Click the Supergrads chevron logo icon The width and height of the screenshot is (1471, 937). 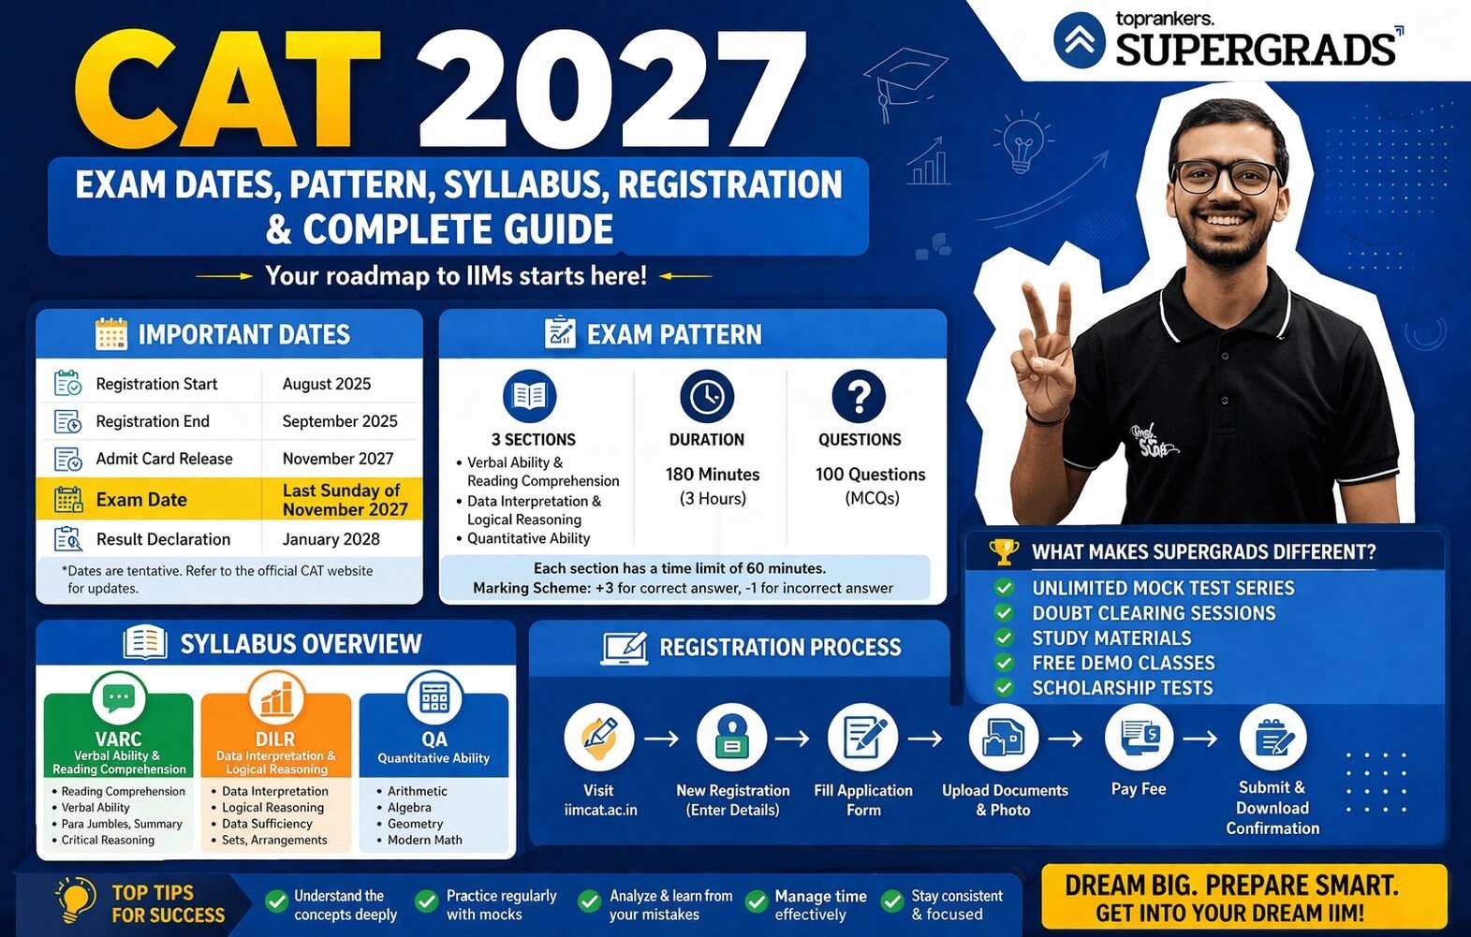(x=1080, y=39)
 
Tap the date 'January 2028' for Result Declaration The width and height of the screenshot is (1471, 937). (x=331, y=539)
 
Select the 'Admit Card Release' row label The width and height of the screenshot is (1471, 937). (x=164, y=459)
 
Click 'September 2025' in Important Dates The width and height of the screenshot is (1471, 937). (x=340, y=421)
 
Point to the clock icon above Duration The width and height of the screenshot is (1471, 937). (x=707, y=397)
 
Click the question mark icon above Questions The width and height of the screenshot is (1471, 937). (x=859, y=397)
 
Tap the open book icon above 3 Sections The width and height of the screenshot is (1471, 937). (x=529, y=397)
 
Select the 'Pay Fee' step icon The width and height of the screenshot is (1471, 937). (x=1139, y=737)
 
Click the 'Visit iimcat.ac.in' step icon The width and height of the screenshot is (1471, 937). (x=599, y=737)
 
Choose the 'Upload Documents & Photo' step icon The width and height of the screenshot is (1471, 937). (x=1003, y=738)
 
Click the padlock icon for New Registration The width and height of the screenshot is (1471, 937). (x=732, y=737)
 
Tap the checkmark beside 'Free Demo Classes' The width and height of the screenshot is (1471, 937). (x=1004, y=663)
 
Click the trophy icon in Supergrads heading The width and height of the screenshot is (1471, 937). (x=1004, y=551)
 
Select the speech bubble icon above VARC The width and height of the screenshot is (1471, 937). (x=119, y=698)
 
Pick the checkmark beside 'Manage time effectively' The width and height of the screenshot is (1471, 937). (x=756, y=901)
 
